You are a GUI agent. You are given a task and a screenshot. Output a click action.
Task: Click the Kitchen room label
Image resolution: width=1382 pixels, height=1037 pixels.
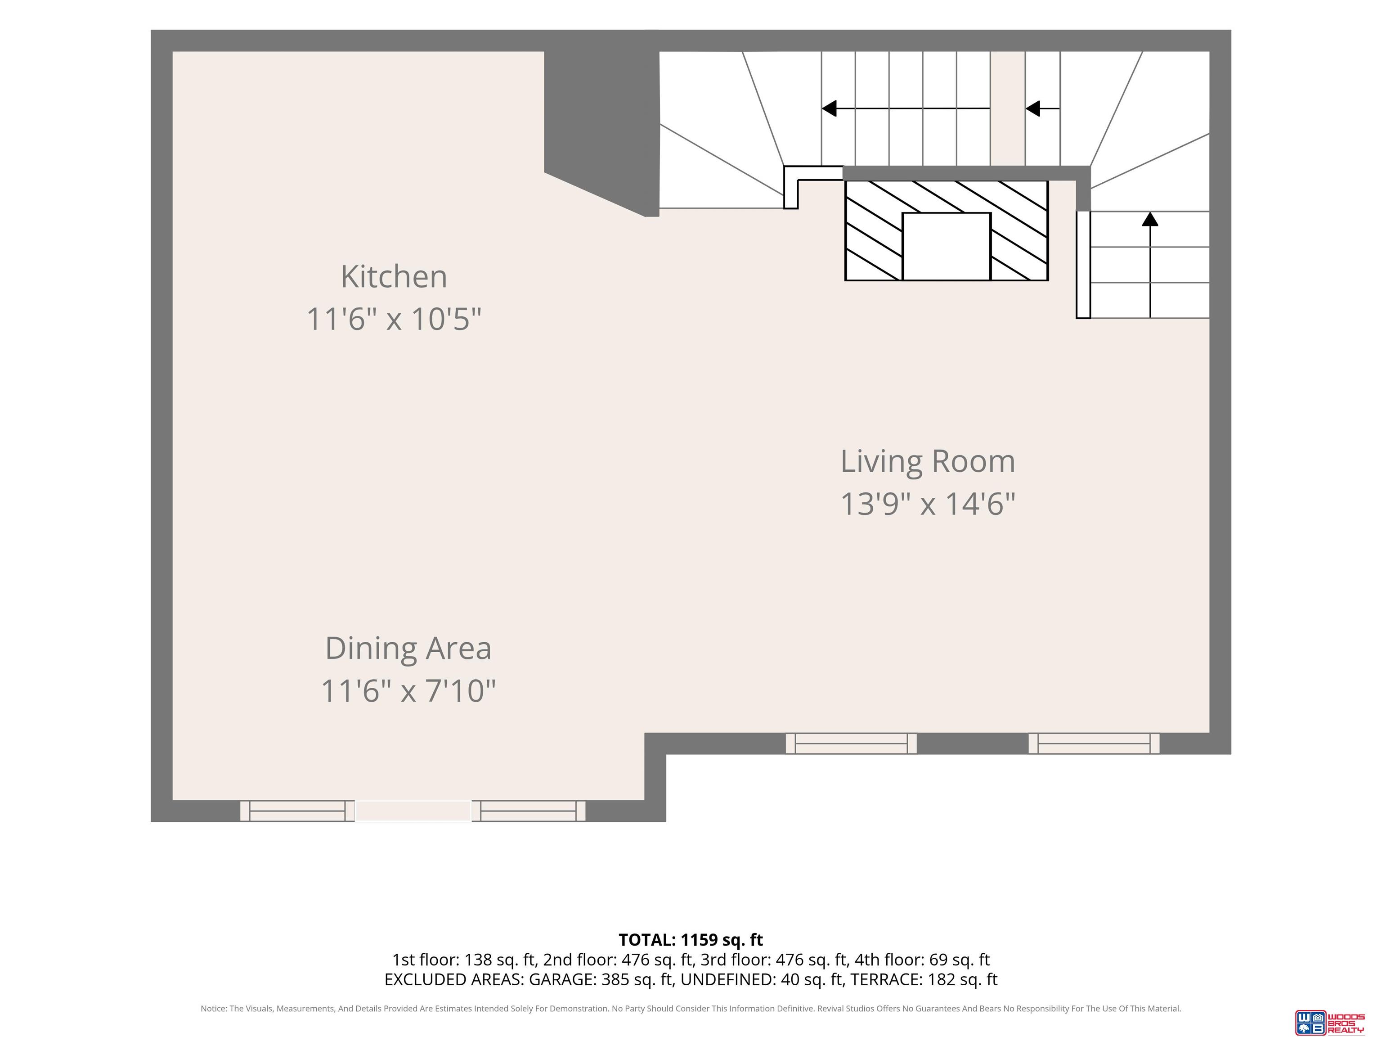[x=394, y=276]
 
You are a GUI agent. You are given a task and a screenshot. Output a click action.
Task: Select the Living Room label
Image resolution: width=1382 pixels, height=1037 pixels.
[x=928, y=461]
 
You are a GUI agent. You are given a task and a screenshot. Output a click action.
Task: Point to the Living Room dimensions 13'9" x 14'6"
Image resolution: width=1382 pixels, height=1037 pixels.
[x=928, y=504]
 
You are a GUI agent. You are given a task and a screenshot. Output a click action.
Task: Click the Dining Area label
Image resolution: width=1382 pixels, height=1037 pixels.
[x=408, y=648]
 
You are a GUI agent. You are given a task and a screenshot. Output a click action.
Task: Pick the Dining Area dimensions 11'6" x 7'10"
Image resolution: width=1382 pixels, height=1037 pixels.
[x=408, y=691]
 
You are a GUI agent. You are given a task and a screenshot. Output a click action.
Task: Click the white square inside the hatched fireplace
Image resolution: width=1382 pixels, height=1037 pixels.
[x=947, y=246]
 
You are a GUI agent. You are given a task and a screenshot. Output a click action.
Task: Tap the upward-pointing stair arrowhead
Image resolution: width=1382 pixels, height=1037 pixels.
[x=1150, y=219]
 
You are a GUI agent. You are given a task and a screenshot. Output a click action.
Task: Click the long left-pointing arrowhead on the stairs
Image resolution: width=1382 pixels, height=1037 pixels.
[x=829, y=109]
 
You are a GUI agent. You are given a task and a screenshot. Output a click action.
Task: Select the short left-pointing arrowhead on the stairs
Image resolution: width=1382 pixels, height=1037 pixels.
[x=1033, y=109]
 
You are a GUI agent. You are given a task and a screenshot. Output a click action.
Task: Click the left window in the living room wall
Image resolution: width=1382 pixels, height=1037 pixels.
[x=851, y=743]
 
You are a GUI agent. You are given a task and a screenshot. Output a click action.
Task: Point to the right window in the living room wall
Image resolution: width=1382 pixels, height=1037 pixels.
[x=1094, y=743]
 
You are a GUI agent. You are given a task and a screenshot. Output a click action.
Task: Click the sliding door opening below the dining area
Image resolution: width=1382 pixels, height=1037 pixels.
[x=413, y=811]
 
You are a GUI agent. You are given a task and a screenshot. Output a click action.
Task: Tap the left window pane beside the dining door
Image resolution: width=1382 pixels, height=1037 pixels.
[x=297, y=811]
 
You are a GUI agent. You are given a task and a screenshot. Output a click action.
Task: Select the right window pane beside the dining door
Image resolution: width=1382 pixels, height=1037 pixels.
[x=529, y=811]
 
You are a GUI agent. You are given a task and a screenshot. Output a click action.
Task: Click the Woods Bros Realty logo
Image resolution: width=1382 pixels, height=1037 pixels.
[x=1329, y=1022]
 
